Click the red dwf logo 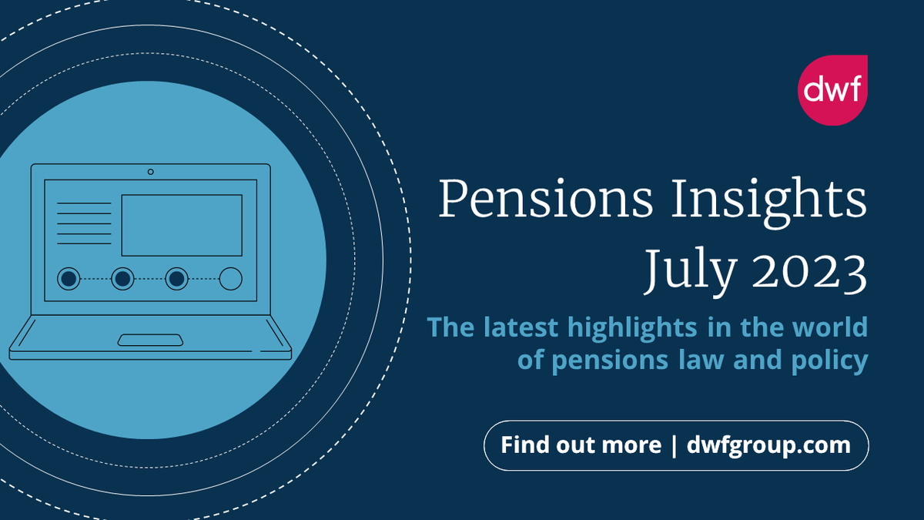832,90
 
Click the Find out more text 581,445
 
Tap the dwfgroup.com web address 768,445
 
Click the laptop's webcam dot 150,171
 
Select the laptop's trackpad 150,340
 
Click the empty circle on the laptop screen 230,278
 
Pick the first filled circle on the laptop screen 69,278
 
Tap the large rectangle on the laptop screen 182,225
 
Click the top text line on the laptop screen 84,203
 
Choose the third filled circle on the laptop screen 177,278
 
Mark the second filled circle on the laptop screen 122,278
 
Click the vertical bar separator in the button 674,445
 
